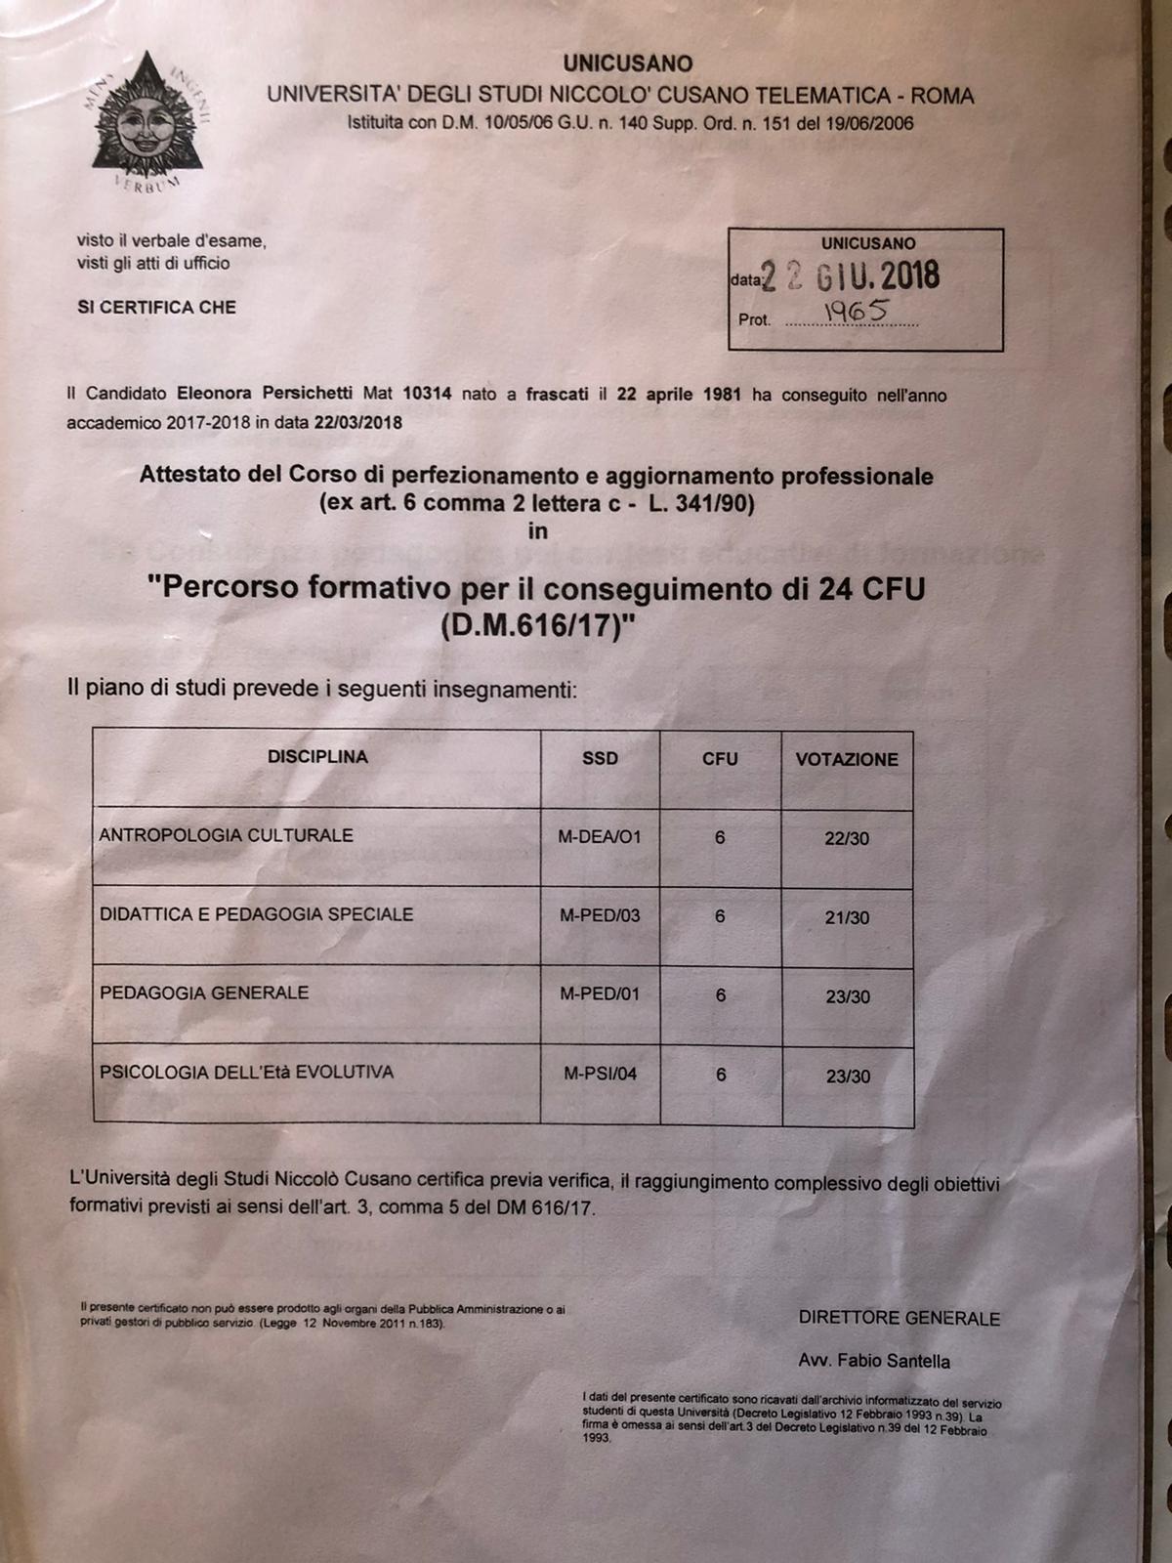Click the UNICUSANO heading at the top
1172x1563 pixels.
tap(627, 64)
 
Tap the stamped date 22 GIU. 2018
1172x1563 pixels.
tap(850, 276)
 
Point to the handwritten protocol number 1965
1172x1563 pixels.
tap(856, 311)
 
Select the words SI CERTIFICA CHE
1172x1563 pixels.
tap(156, 307)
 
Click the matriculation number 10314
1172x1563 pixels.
tap(428, 394)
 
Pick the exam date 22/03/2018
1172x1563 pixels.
tap(357, 423)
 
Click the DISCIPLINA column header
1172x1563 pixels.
tap(317, 757)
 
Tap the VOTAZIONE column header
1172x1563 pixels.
tap(846, 759)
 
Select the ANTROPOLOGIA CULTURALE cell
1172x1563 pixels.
tap(226, 836)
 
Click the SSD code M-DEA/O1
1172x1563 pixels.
tap(600, 837)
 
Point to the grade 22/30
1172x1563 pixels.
tap(846, 839)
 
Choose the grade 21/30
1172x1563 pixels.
tap(846, 918)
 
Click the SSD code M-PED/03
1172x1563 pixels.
tap(600, 916)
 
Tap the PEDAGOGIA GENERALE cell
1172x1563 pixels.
tap(204, 993)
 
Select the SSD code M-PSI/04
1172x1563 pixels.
tap(600, 1075)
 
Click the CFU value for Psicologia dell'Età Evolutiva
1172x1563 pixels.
tap(721, 1075)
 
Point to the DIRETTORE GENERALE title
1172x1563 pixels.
tap(899, 1318)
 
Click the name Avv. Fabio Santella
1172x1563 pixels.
tap(873, 1361)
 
